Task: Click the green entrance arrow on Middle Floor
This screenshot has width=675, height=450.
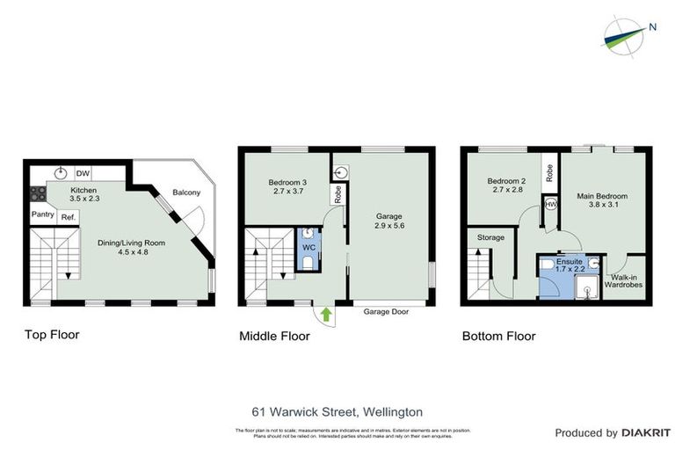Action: click(327, 313)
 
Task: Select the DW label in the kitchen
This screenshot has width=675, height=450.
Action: click(83, 173)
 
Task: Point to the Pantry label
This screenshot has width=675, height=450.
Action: click(42, 214)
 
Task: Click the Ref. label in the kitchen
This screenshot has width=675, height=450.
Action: click(68, 217)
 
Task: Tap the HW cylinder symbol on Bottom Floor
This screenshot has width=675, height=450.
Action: click(550, 204)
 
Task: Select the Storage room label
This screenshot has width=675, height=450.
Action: click(491, 237)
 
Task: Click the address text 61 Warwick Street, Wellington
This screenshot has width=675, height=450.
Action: click(337, 411)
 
